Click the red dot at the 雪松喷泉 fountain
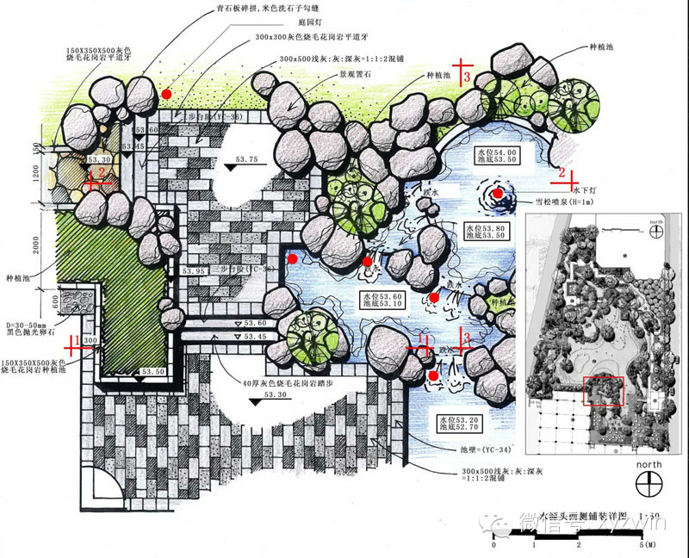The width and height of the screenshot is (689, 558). [x=498, y=194]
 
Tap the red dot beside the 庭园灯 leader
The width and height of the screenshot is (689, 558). [x=166, y=93]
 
